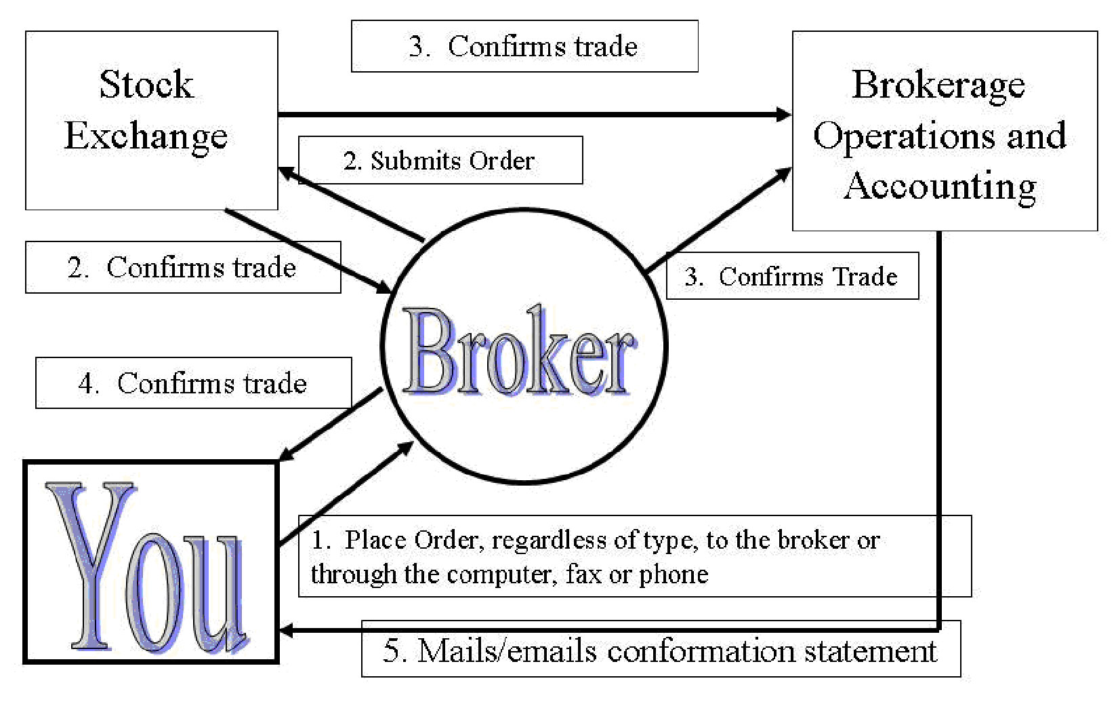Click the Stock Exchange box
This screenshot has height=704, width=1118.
(151, 120)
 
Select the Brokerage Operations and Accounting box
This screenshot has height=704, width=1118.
(945, 131)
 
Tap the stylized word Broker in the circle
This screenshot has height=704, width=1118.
(519, 353)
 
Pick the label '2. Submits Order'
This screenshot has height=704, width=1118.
(440, 161)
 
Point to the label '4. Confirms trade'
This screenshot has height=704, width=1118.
(193, 383)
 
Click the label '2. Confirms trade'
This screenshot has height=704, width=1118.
(182, 268)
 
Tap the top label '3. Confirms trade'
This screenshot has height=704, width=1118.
(524, 47)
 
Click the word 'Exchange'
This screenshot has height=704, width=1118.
(146, 136)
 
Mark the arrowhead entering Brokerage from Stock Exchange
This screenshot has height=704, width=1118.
(784, 115)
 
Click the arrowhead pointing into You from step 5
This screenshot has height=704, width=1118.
(287, 631)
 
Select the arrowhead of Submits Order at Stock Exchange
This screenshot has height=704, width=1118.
(286, 172)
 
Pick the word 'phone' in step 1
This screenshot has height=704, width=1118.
(674, 574)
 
